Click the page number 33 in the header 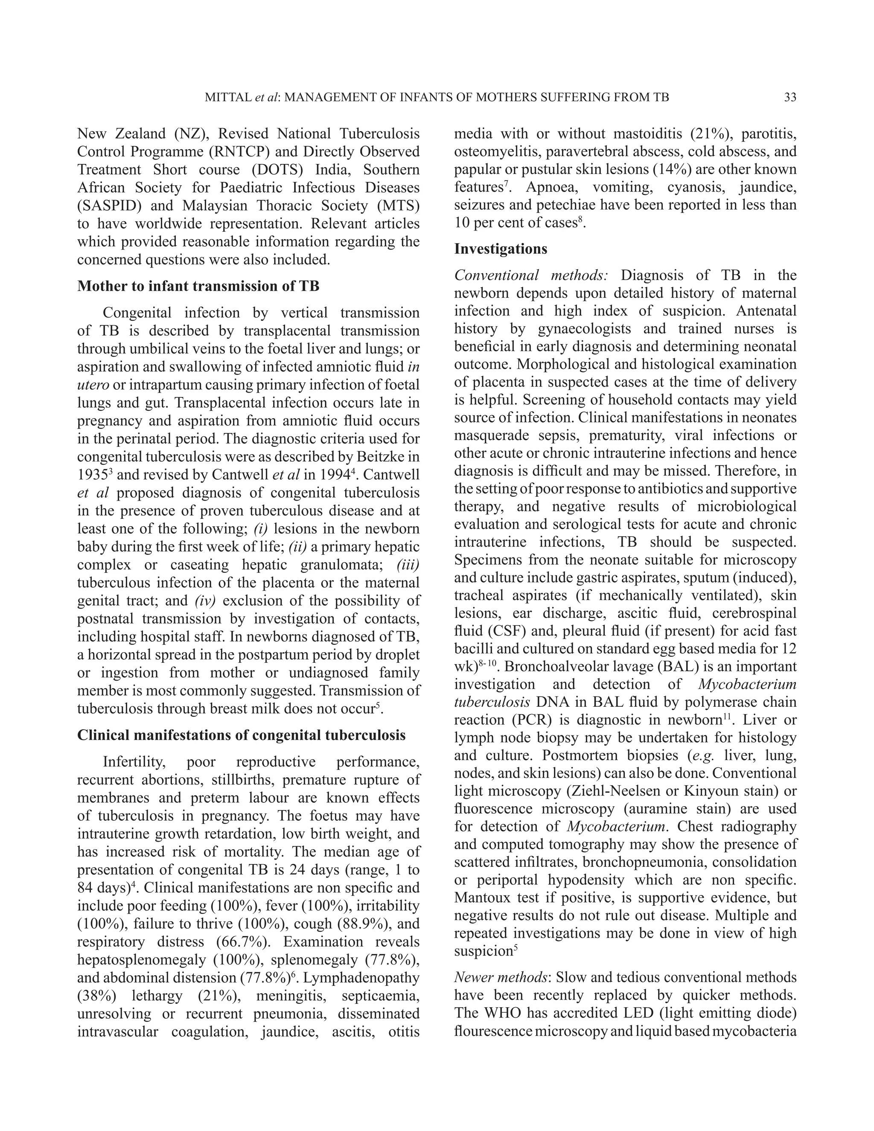tap(790, 97)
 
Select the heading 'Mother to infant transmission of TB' tap(198, 286)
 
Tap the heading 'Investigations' tap(500, 249)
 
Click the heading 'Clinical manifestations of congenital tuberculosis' tap(241, 735)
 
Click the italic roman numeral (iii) tap(408, 565)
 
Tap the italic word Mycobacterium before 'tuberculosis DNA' tap(747, 685)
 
